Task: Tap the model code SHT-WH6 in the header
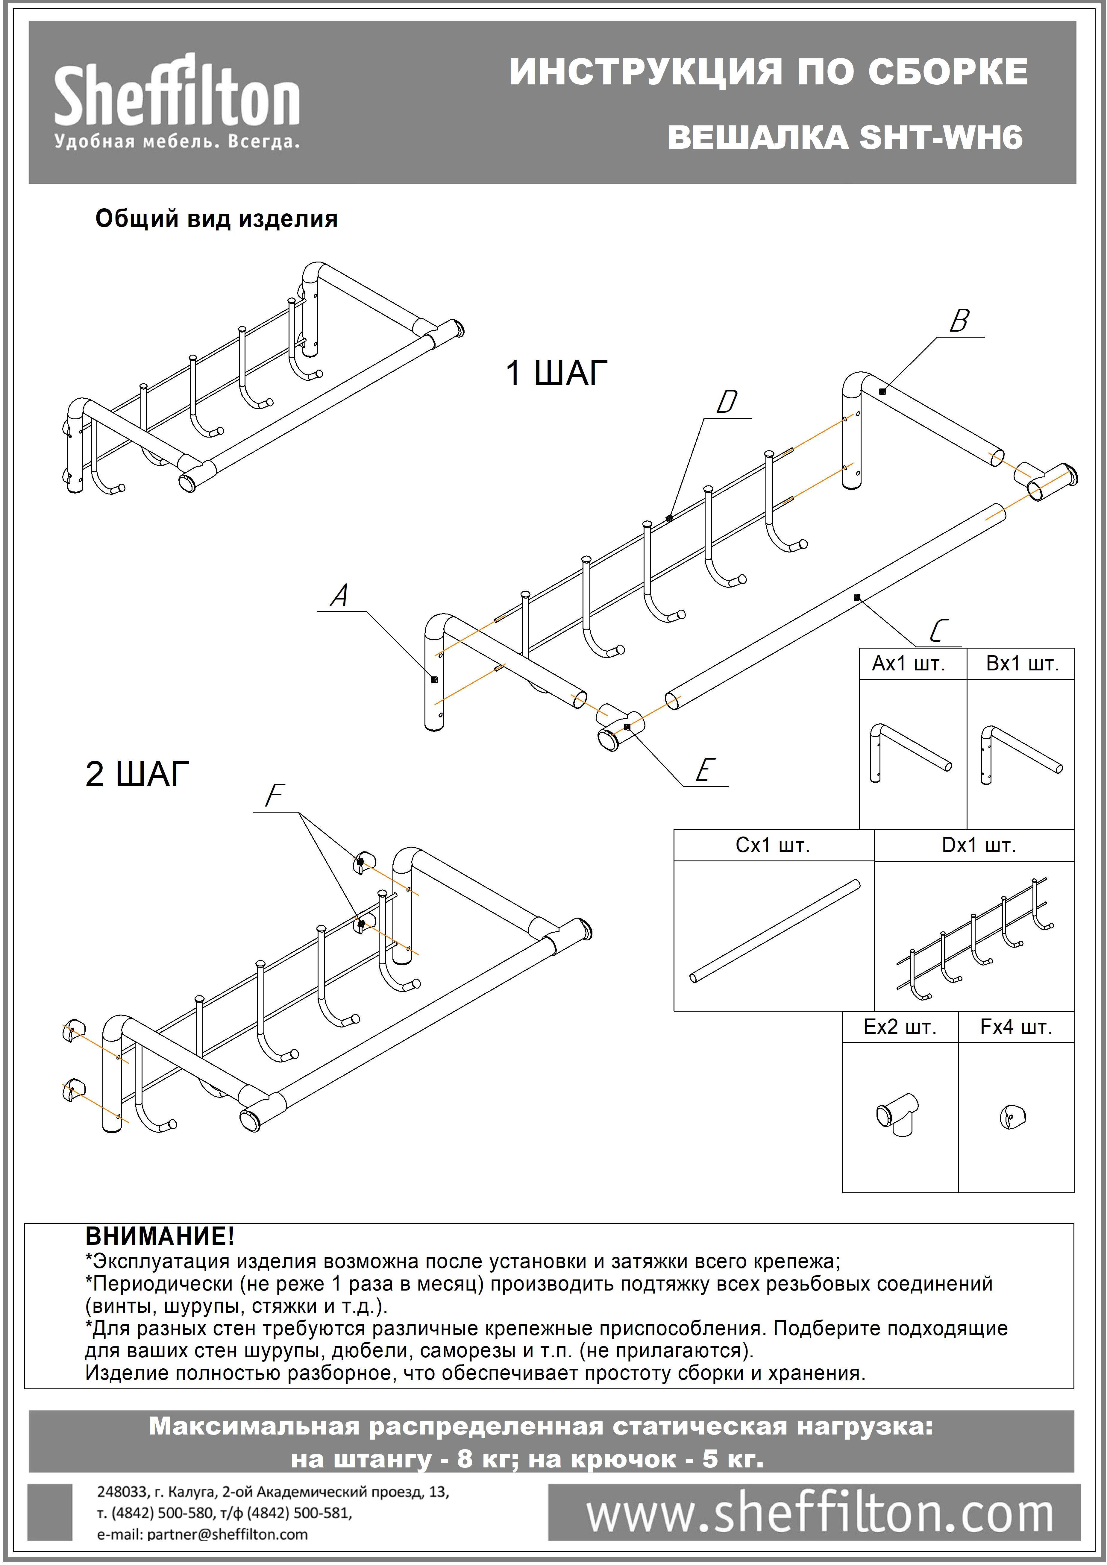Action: tap(941, 137)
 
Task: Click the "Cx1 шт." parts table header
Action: tap(772, 845)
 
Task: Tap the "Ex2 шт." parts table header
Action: tap(900, 1027)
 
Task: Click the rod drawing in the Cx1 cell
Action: tap(774, 931)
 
